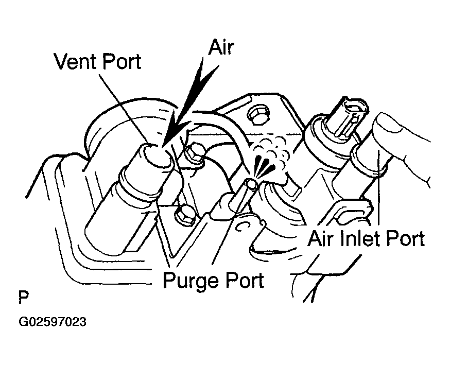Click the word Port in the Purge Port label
[244, 280]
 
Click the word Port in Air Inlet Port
[405, 239]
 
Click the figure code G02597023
[52, 322]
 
